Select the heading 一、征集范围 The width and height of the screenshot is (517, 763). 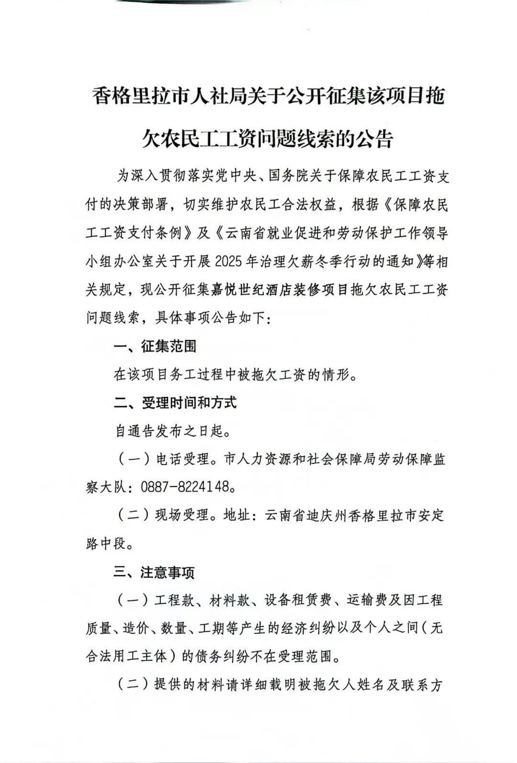pos(155,346)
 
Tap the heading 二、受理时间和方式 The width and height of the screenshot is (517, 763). pos(175,403)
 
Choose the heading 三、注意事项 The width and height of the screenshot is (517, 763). pos(154,572)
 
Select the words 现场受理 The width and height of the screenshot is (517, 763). pos(182,515)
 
